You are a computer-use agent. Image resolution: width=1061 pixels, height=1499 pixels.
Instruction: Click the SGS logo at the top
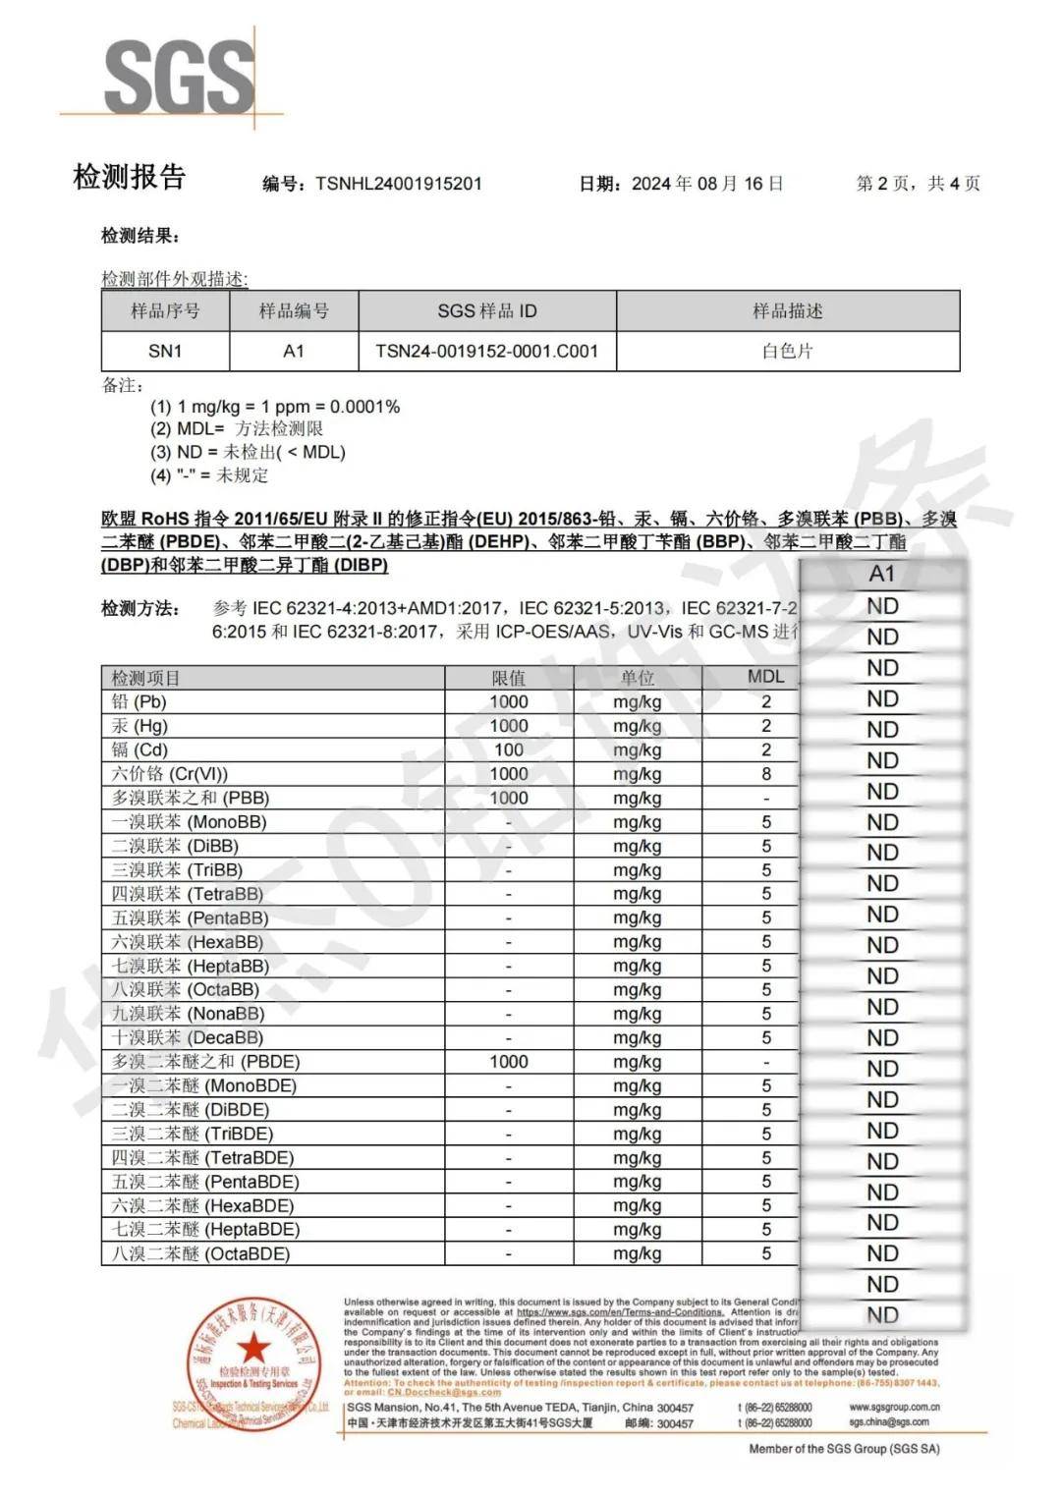point(178,77)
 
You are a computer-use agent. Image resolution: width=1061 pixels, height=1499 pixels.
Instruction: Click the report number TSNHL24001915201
point(398,184)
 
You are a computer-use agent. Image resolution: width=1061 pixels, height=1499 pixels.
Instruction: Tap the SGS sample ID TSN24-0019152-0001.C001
point(486,351)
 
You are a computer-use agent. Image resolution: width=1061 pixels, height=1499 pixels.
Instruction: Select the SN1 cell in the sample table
point(165,351)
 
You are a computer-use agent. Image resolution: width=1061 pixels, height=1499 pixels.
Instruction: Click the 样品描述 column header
point(787,311)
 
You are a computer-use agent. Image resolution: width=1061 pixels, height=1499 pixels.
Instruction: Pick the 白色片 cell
point(787,351)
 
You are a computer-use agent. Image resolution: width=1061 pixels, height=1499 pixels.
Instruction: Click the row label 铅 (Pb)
point(139,701)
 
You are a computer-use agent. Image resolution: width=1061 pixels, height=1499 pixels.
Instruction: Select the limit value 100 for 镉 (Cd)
point(508,749)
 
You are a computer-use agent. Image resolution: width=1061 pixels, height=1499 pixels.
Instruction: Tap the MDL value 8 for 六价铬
point(766,774)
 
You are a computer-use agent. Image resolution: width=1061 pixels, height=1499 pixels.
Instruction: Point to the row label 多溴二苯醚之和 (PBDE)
point(205,1062)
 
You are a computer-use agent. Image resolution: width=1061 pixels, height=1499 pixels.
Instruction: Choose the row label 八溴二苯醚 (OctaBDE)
point(200,1253)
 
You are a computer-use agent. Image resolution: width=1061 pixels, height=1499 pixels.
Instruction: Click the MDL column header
point(765,677)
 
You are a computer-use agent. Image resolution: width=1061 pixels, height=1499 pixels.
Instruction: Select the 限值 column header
point(508,678)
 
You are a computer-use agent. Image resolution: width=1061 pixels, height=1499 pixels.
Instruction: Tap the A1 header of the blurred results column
point(882,574)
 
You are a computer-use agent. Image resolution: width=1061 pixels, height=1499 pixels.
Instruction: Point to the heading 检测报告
point(130,178)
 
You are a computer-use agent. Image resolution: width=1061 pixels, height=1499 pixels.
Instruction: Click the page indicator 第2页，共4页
point(918,184)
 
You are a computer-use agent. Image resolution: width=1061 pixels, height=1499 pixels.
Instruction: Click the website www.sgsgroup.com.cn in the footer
point(894,1407)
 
